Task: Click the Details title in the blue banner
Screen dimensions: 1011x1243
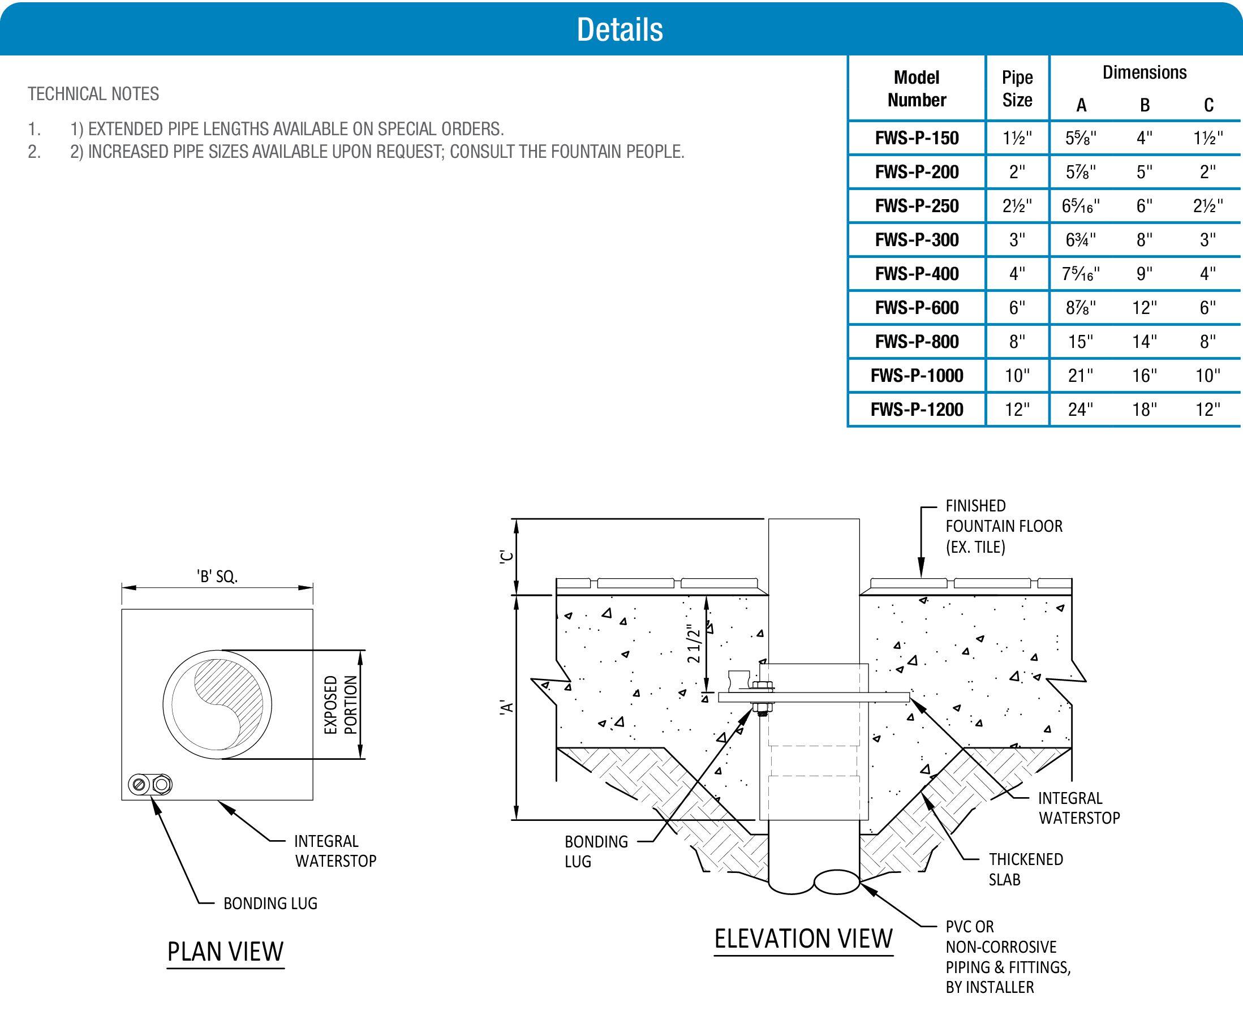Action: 620,29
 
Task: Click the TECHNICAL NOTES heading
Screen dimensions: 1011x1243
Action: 93,94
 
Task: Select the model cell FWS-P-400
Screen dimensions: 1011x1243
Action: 916,274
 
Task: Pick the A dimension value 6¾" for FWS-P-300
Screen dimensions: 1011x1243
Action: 1081,240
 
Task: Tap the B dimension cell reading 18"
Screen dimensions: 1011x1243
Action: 1144,410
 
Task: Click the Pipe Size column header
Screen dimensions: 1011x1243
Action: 1017,88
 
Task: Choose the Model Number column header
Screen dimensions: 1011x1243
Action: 916,88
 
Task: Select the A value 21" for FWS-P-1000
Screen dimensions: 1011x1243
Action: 1081,376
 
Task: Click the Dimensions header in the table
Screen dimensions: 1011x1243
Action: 1144,73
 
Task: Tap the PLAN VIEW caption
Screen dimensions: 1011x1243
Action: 225,952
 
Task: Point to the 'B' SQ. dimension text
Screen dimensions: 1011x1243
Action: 217,577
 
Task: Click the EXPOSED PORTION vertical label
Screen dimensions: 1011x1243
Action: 341,705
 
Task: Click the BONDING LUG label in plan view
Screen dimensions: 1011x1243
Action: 270,904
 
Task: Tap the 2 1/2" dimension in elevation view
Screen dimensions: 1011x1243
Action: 693,644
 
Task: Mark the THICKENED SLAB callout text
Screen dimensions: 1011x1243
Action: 1025,869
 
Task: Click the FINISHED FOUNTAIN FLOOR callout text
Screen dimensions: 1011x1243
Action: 1004,526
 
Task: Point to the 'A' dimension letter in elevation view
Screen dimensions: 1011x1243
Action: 507,708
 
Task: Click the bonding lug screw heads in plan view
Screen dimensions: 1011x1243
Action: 150,785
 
